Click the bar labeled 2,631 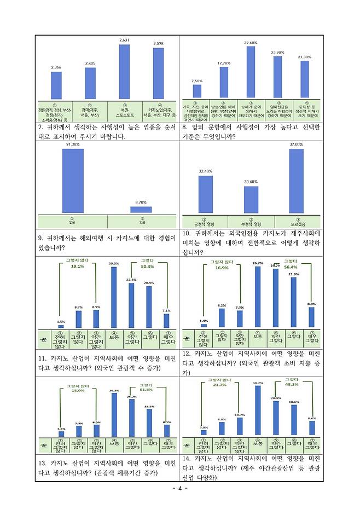(124, 72)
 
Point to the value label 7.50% (197, 80)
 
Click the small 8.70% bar (141, 209)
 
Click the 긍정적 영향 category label (205, 224)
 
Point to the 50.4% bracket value (148, 267)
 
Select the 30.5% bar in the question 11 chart (114, 297)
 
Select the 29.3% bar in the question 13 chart (114, 415)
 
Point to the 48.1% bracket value (291, 384)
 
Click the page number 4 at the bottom (180, 488)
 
